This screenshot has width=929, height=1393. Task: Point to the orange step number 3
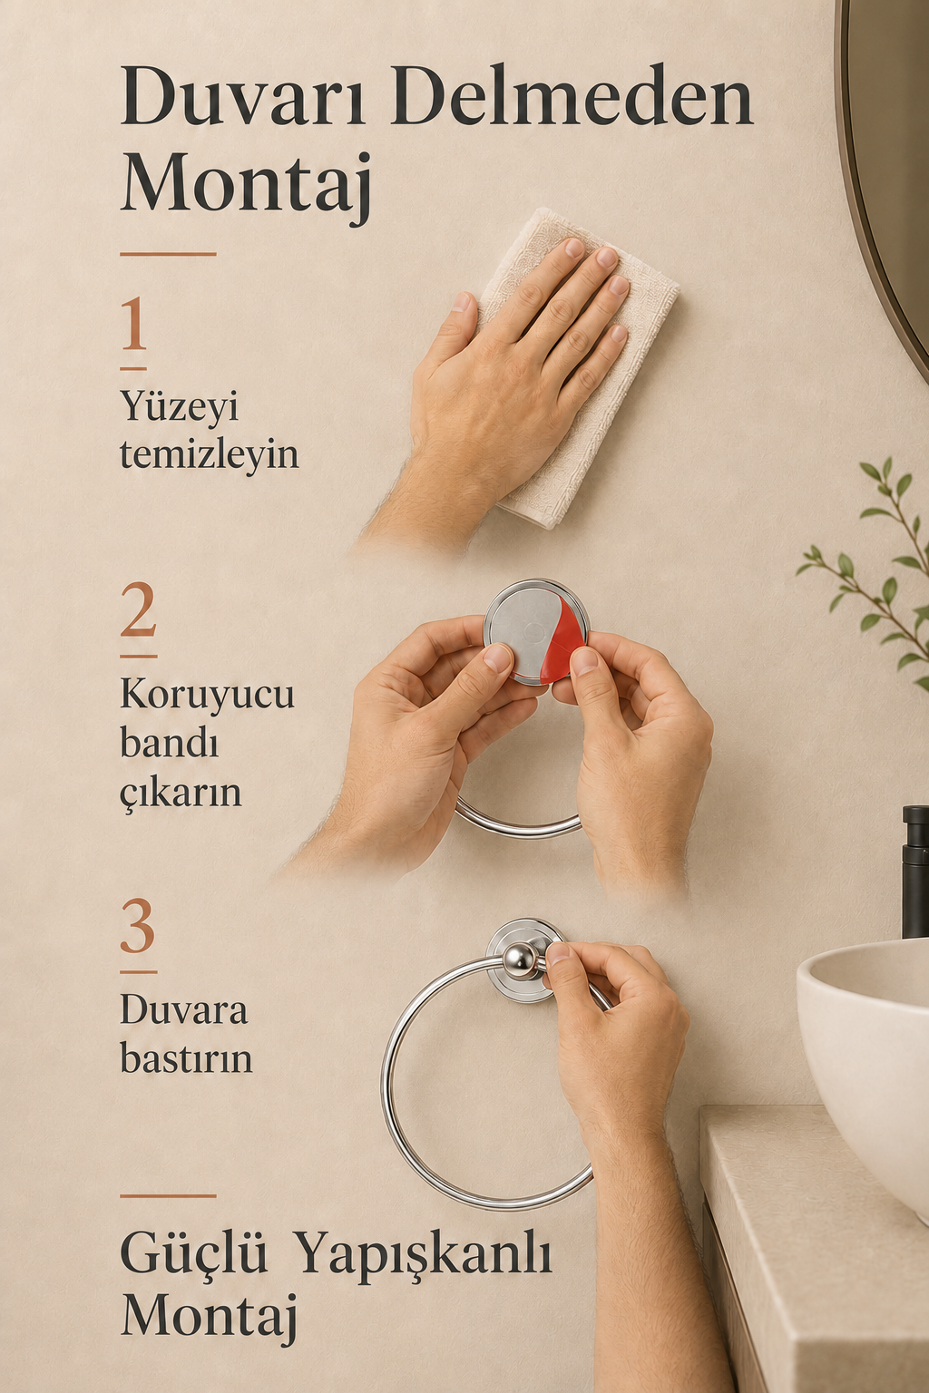(x=138, y=926)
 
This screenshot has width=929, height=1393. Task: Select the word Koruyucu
(x=207, y=695)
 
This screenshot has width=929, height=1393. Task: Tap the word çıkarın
(x=181, y=793)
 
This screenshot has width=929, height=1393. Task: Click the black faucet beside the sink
(x=915, y=871)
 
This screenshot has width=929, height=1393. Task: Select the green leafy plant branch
(x=871, y=572)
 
